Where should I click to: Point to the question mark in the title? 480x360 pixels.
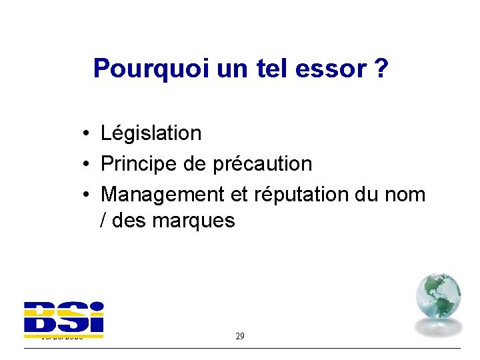[x=381, y=68]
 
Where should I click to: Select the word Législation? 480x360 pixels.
[x=151, y=133]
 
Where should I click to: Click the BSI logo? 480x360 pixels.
[x=64, y=317]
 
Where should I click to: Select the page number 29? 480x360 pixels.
[x=240, y=336]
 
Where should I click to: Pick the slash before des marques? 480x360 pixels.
[x=103, y=221]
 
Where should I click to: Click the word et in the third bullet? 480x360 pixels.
[x=239, y=194]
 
